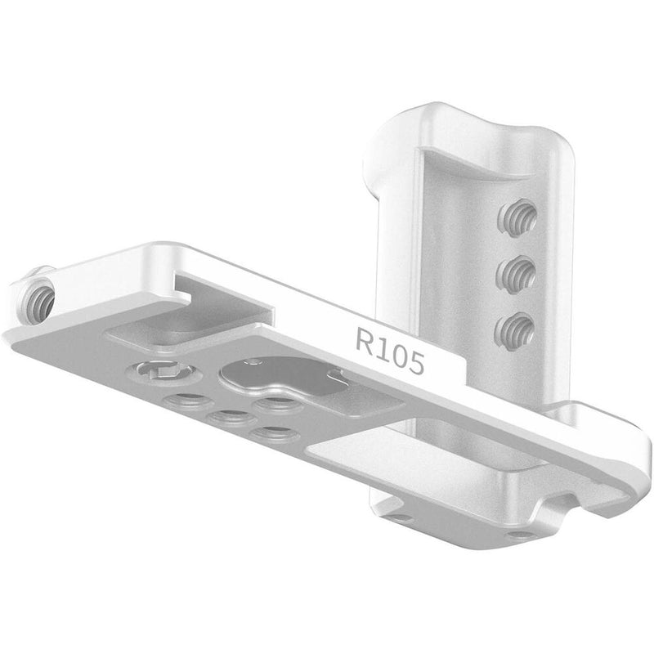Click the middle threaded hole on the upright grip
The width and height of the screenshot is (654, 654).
[x=516, y=273]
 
